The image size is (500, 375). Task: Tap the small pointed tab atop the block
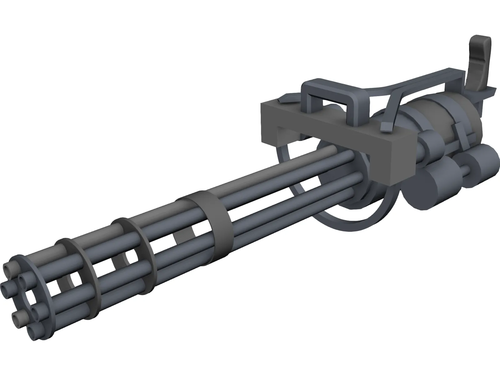click(284, 101)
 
